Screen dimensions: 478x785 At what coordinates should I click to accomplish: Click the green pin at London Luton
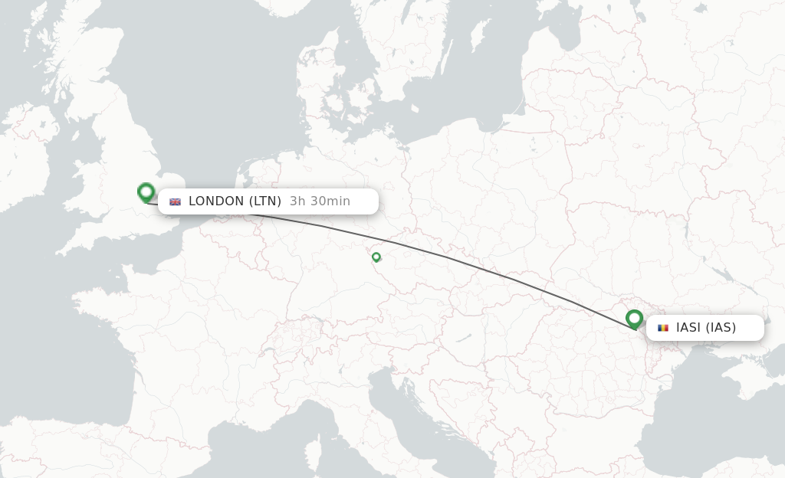(x=146, y=192)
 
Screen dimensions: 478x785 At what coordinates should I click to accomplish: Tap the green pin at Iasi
(x=634, y=319)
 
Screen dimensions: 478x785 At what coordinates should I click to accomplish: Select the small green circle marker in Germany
(x=376, y=257)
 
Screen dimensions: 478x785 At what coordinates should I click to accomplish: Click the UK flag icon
(x=176, y=201)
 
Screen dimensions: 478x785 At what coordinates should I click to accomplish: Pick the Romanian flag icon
(x=663, y=328)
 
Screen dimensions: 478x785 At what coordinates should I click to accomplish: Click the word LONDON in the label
(x=216, y=201)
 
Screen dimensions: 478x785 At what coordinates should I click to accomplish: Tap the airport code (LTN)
(x=265, y=201)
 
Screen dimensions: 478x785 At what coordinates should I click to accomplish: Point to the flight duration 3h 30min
(x=320, y=201)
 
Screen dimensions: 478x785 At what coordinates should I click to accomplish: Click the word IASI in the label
(x=688, y=328)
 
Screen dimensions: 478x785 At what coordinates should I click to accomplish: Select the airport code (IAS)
(x=721, y=328)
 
